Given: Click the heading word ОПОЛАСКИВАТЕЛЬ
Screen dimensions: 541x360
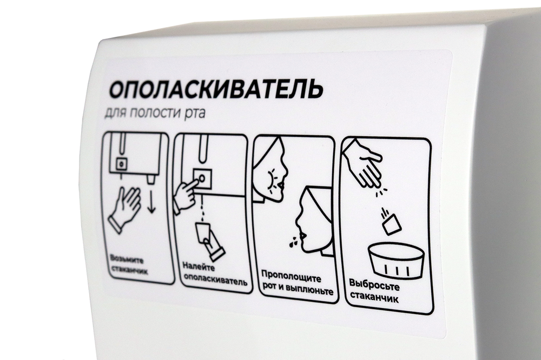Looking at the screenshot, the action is [x=216, y=89].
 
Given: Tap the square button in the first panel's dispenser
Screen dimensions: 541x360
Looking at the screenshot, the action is [x=121, y=164].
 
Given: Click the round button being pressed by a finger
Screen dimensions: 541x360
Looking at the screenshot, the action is [x=202, y=178].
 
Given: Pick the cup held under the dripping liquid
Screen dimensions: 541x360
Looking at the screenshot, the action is [x=203, y=232].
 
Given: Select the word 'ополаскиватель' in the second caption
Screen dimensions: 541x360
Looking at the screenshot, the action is [x=216, y=280].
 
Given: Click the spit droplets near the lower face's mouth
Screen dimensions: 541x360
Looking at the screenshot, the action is [x=293, y=241].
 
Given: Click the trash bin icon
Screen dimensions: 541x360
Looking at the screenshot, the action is [x=396, y=261].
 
